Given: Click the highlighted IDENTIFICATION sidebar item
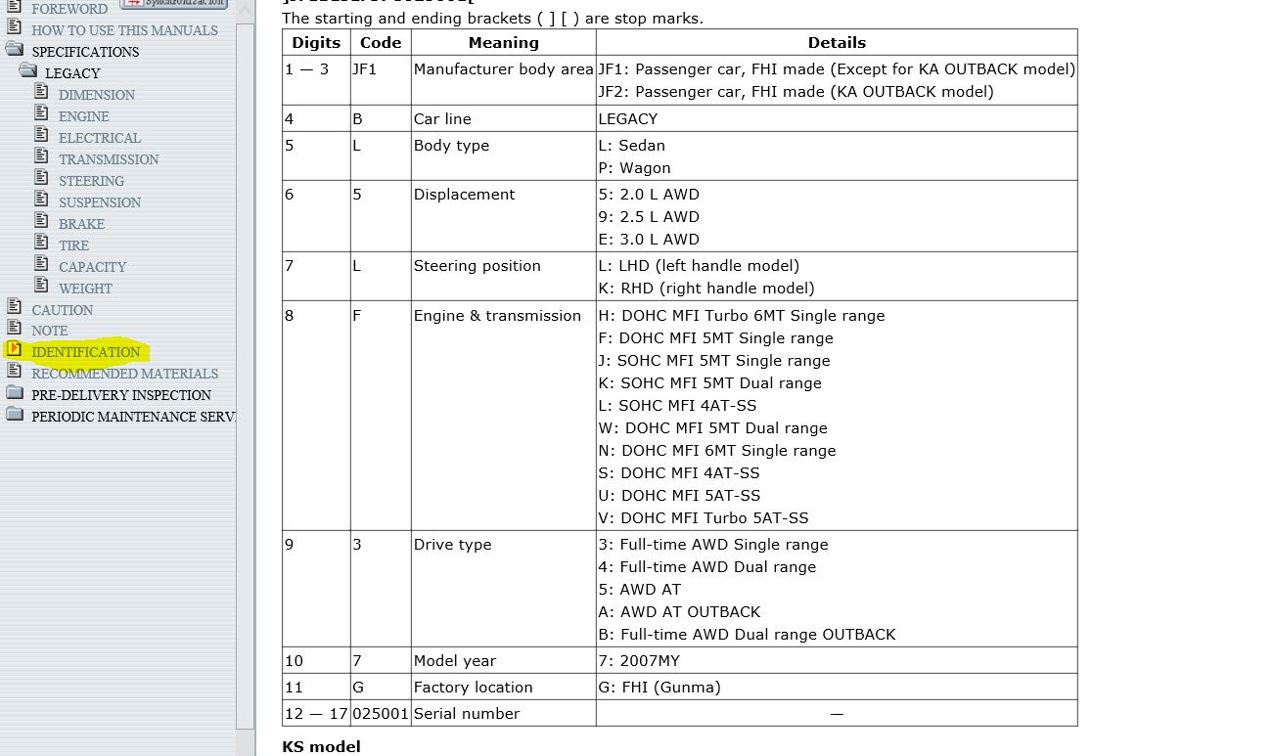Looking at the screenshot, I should [85, 352].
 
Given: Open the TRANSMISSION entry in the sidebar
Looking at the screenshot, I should [108, 159].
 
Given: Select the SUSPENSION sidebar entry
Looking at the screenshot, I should [99, 202].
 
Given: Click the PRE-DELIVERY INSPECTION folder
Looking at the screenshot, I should [120, 395].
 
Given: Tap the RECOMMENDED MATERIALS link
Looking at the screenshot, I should [124, 374].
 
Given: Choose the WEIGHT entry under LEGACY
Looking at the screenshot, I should [85, 289].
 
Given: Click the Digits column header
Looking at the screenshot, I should [316, 43].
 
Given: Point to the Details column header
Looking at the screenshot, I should [836, 43].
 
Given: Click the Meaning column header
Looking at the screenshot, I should [503, 43].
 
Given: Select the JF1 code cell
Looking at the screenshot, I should [364, 69].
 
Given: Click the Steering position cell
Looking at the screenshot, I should [477, 266].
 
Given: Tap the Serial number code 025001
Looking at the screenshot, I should [381, 714].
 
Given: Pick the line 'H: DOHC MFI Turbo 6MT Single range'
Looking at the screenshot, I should [741, 316].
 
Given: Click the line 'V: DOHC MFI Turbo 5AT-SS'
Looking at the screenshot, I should [703, 518].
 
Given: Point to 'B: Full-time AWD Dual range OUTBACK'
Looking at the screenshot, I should [747, 635].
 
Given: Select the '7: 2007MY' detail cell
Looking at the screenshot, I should [639, 661].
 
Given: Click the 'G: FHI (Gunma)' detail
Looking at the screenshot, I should [659, 688].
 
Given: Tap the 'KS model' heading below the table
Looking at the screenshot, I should [321, 746].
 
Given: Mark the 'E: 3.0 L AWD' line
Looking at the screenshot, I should [648, 240].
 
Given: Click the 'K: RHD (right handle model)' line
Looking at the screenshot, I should [705, 289].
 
